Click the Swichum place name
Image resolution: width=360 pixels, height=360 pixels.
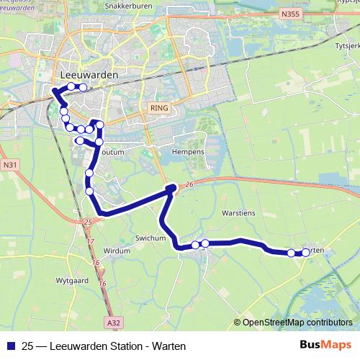[150, 238]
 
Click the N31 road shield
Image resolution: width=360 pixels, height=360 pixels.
[9, 165]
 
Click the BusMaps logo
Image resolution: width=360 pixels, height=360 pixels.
[325, 346]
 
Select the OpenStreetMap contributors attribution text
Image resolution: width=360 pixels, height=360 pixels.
[297, 323]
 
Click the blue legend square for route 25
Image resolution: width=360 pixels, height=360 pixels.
[10, 346]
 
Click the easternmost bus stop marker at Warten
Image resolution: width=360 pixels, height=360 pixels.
[306, 253]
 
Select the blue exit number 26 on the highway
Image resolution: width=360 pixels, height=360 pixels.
[189, 185]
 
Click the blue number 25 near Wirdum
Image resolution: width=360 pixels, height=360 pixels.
[88, 222]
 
